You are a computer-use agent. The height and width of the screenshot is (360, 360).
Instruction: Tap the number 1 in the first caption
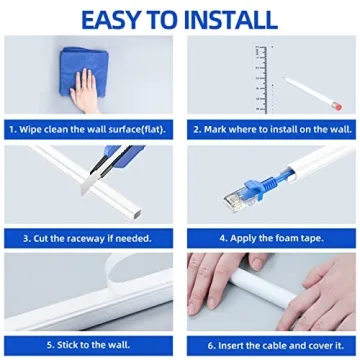click(x=12, y=129)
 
